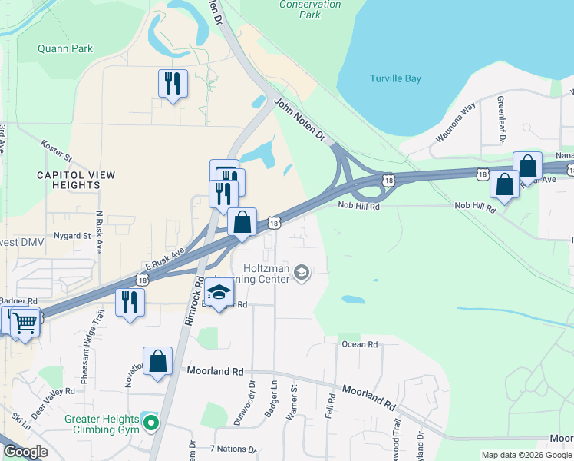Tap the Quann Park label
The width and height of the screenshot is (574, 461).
[65, 48]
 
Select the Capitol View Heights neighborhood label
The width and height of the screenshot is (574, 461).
[76, 180]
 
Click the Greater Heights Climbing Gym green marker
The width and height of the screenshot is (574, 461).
[151, 422]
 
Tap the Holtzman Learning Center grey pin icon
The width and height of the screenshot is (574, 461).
[302, 271]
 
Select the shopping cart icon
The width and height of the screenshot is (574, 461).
[25, 322]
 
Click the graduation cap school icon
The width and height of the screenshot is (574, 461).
[219, 293]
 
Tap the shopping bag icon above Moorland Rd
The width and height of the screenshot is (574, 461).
[157, 360]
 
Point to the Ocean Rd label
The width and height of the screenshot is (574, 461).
[360, 344]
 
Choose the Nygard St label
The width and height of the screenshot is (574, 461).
[72, 236]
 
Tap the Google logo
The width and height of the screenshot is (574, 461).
[25, 452]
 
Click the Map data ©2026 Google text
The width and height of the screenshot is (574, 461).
[526, 455]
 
